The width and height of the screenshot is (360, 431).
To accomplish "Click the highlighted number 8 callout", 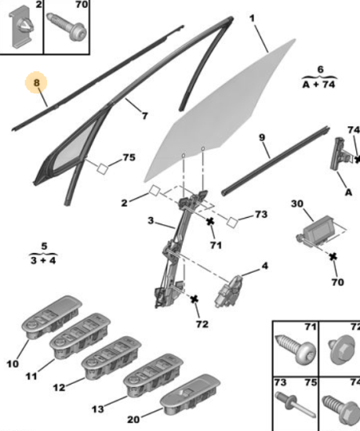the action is click(36, 82).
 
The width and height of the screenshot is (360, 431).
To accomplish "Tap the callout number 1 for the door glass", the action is click(253, 19).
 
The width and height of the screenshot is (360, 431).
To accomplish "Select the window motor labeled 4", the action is click(228, 291).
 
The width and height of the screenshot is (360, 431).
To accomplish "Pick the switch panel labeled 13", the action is click(154, 375).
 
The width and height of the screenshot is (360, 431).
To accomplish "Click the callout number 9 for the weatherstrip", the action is click(262, 137).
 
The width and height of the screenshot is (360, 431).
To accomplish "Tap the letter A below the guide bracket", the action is click(348, 192).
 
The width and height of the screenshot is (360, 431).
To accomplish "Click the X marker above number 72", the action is click(195, 299).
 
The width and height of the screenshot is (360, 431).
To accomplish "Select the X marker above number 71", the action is click(210, 221).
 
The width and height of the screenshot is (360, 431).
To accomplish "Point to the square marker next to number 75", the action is click(102, 168).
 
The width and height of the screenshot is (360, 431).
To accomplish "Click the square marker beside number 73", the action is click(232, 223).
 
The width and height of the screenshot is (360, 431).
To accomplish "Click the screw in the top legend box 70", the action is click(67, 27).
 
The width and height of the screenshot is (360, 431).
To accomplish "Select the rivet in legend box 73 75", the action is click(296, 406).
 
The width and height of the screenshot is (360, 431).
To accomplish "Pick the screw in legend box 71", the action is click(296, 349).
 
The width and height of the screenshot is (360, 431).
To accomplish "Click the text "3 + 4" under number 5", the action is click(43, 260).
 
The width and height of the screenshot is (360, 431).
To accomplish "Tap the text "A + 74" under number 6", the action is click(319, 84).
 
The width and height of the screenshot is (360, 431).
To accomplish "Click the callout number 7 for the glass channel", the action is click(145, 116).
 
